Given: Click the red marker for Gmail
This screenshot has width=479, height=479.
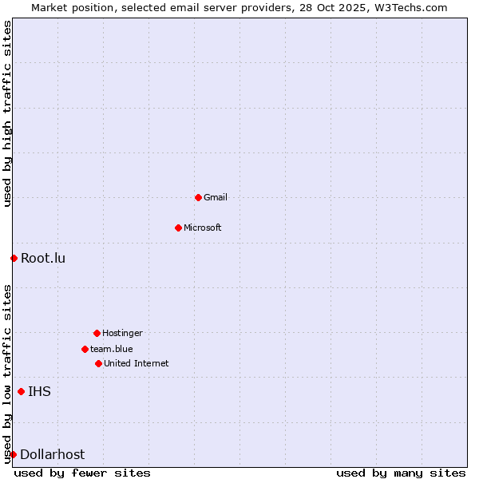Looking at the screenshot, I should (x=198, y=197).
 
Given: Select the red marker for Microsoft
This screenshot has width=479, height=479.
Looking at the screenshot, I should (x=178, y=228).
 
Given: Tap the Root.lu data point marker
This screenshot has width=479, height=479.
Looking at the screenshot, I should (x=14, y=258).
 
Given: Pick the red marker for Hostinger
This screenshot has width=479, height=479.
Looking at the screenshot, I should (x=97, y=333).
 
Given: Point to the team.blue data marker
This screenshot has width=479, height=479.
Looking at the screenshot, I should (x=85, y=349).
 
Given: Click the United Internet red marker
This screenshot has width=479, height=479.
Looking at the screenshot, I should (x=98, y=363).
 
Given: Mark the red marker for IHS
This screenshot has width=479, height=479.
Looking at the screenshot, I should (x=21, y=391).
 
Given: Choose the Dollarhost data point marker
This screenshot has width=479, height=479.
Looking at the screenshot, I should (x=13, y=454).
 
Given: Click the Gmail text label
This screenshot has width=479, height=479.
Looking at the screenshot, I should (x=216, y=197).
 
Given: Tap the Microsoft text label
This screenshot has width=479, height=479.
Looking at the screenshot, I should (x=203, y=228).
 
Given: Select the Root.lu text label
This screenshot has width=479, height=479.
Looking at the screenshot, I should (x=43, y=258).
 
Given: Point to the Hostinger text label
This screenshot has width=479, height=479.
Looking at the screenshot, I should (x=122, y=333).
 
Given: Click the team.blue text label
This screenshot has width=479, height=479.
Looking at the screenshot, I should (x=112, y=349).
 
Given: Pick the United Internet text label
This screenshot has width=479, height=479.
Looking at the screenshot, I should (x=137, y=363).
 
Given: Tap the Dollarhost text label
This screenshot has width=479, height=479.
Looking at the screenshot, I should (x=52, y=454).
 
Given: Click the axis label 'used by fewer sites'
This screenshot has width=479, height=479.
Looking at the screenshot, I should (x=82, y=473).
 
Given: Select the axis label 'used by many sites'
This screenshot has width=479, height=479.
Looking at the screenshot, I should (x=401, y=473).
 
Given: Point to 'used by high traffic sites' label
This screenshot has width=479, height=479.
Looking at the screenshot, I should (x=7, y=114).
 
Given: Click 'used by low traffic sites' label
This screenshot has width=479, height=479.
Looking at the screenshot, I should (x=7, y=374).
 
